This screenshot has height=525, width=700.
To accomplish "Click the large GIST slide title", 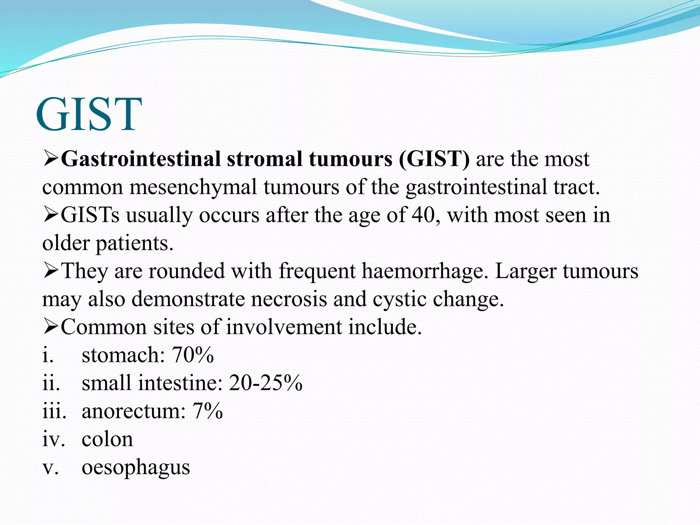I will pyautogui.click(x=89, y=114).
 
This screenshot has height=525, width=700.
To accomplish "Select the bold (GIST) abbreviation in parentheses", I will pyautogui.click(x=434, y=159).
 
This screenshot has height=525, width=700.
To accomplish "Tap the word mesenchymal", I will pyautogui.click(x=193, y=187).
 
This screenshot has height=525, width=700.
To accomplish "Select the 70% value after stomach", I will pyautogui.click(x=193, y=355).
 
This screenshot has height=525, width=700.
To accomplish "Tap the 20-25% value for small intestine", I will pyautogui.click(x=266, y=383).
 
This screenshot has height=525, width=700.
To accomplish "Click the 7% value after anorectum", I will pyautogui.click(x=207, y=411).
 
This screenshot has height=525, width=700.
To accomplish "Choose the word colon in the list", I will pyautogui.click(x=107, y=439).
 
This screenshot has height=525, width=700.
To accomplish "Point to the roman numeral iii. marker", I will pyautogui.click(x=54, y=411).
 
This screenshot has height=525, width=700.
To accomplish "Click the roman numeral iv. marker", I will pyautogui.click(x=53, y=439).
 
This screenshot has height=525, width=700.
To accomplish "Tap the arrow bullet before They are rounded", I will pyautogui.click(x=51, y=271).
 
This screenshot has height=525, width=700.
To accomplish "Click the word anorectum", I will pyautogui.click(x=133, y=411).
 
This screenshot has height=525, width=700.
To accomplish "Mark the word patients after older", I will pyautogui.click(x=135, y=243).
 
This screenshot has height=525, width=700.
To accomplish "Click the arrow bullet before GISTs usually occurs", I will pyautogui.click(x=51, y=215).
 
